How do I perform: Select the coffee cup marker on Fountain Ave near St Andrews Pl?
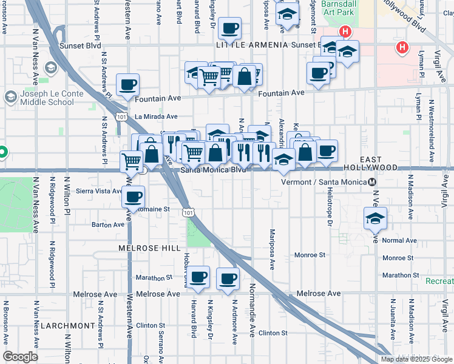tap(127, 86)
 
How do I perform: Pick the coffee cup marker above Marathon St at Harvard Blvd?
tap(198, 278)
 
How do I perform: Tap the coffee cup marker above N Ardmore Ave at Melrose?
tap(228, 280)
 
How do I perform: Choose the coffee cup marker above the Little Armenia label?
tap(230, 29)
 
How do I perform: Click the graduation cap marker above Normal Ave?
tap(375, 219)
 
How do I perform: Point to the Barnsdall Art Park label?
tap(337, 8)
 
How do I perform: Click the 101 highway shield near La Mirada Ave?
tap(122, 116)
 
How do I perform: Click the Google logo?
tap(21, 357)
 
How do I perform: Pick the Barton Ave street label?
tap(108, 224)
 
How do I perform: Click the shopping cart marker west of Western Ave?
tap(132, 161)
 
